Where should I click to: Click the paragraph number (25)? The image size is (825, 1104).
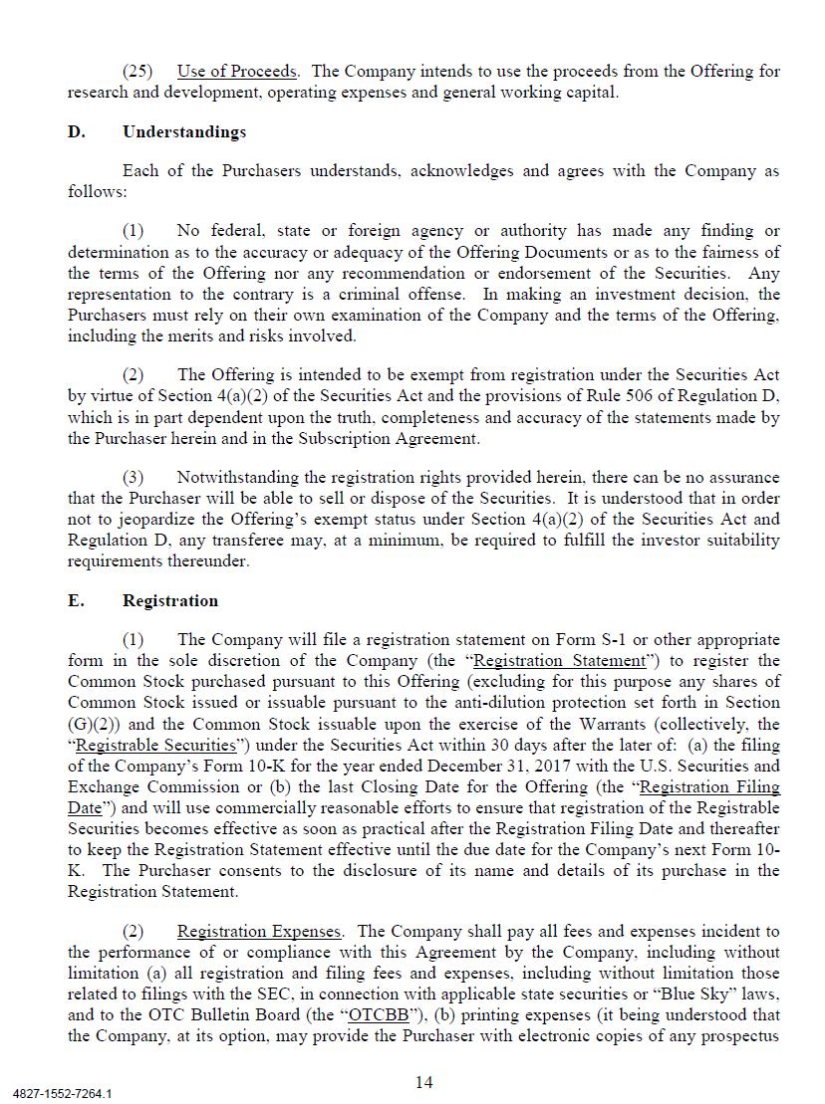(x=137, y=72)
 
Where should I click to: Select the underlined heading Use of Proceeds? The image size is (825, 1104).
(x=237, y=72)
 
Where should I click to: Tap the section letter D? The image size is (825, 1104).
(x=77, y=131)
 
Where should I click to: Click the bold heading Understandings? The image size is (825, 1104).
(x=184, y=131)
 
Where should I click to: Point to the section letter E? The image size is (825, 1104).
(x=77, y=600)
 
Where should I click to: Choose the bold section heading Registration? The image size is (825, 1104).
(x=170, y=600)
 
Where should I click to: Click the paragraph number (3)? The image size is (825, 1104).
(x=134, y=478)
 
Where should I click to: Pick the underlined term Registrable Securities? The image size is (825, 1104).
(x=156, y=745)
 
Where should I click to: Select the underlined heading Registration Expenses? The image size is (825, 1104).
(x=259, y=932)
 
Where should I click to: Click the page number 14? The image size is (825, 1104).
(x=423, y=1082)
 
